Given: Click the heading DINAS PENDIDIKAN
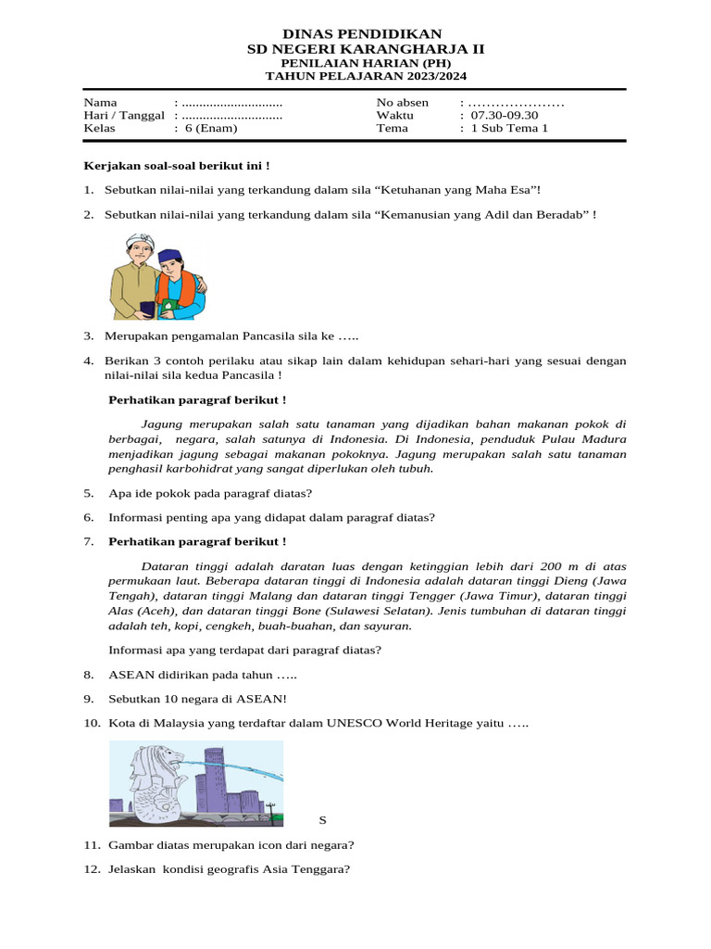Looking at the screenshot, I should pos(355,33).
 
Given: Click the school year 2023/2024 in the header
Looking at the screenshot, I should pos(409,77).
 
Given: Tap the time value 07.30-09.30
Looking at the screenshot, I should pos(504,115).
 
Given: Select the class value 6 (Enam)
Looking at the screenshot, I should pos(210,128).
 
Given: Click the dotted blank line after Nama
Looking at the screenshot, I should pos(232,102).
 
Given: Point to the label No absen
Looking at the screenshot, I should pos(403,102).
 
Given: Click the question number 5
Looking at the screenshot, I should pos(88,493).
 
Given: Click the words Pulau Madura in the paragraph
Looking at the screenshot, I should pos(582,439).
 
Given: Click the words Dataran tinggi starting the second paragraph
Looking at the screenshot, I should pos(181,564).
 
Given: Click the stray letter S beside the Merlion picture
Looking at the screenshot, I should pos(323,820).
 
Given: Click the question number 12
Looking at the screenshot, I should pos(91,869).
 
